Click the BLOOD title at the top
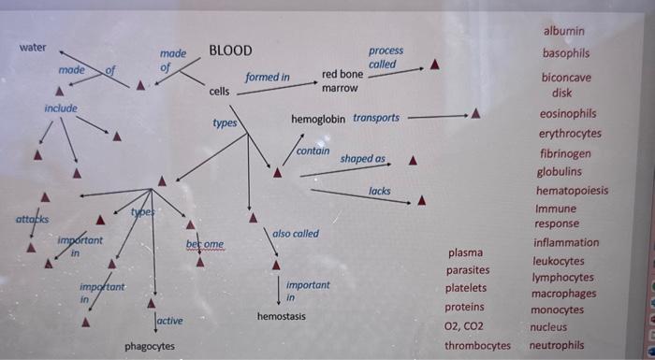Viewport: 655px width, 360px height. pyautogui.click(x=230, y=50)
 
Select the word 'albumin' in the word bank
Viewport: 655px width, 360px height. pyautogui.click(x=563, y=31)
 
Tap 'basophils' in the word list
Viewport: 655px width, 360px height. pyautogui.click(x=566, y=53)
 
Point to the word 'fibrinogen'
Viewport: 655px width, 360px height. pyautogui.click(x=565, y=153)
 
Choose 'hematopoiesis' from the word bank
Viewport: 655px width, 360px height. pyautogui.click(x=572, y=191)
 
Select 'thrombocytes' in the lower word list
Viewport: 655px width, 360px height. pyautogui.click(x=477, y=346)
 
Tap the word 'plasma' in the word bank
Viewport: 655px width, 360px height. pyautogui.click(x=466, y=252)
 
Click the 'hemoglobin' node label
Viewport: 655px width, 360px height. pyautogui.click(x=318, y=120)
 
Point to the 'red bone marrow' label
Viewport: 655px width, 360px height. pyautogui.click(x=342, y=80)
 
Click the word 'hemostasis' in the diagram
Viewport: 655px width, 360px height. pyautogui.click(x=283, y=317)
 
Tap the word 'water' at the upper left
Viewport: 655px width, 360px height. pyautogui.click(x=33, y=48)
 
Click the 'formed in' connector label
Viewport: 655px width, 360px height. pyautogui.click(x=268, y=77)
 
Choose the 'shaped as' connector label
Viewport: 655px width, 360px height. pyautogui.click(x=363, y=159)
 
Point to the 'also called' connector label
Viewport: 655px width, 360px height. pyautogui.click(x=296, y=233)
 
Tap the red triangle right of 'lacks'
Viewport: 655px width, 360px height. pyautogui.click(x=422, y=199)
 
